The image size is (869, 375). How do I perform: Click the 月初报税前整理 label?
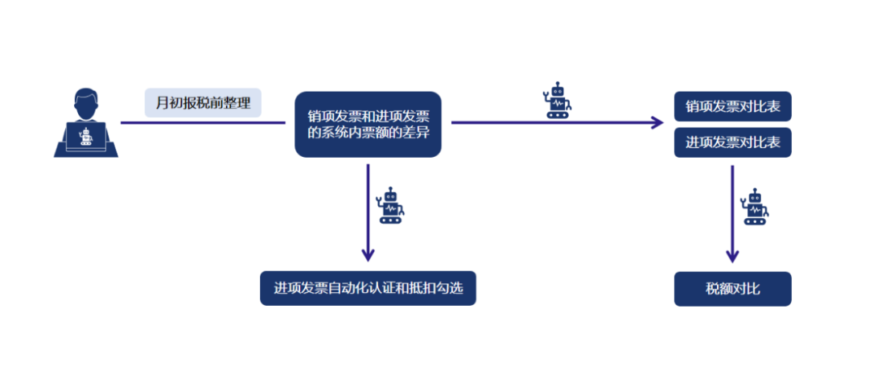click(x=203, y=103)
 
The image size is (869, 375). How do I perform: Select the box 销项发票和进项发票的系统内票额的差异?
click(x=368, y=124)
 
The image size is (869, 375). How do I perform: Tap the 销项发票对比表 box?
click(x=732, y=106)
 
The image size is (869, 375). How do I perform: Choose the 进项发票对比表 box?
click(x=732, y=143)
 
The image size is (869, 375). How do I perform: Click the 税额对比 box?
click(x=732, y=289)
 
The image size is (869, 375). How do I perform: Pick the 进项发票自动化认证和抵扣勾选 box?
click(x=368, y=289)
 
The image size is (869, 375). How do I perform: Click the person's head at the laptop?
click(x=86, y=103)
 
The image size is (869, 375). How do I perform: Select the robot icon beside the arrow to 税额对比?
click(x=755, y=207)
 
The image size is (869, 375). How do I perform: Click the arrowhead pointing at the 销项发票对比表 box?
click(x=657, y=123)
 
